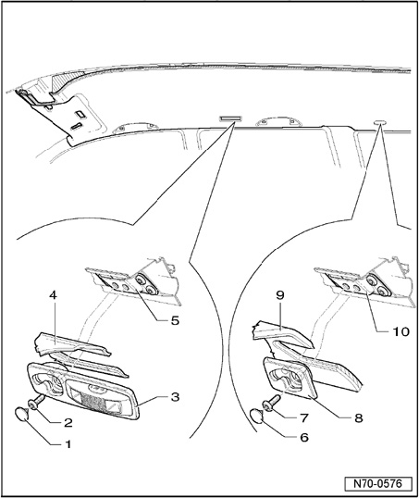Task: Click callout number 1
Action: pos(68,444)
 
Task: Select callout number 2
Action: pos(68,423)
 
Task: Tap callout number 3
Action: pos(175,397)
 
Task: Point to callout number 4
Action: pos(53,295)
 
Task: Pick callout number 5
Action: pos(175,321)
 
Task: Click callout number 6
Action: pos(304,437)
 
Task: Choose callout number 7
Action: pos(304,418)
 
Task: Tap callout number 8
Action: pos(358,418)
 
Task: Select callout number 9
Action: pos(280,295)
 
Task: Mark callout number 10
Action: pos(401,331)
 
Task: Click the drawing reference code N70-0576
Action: pos(378,484)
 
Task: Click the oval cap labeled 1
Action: pos(22,415)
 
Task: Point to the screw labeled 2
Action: pos(37,402)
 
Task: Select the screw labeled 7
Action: pos(271,402)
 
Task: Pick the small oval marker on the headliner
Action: pos(380,122)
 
